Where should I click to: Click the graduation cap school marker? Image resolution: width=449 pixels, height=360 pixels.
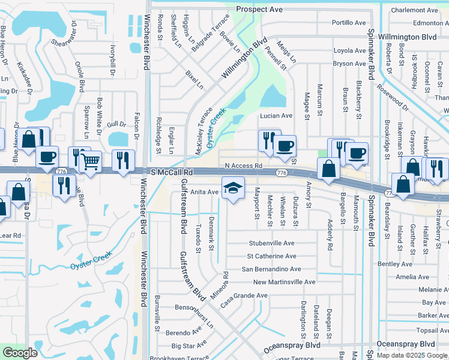click(233, 188)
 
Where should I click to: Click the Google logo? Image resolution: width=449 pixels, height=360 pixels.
click(20, 353)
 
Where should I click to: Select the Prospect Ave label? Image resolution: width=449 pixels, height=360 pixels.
click(259, 10)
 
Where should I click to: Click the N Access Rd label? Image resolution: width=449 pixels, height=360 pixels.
click(244, 166)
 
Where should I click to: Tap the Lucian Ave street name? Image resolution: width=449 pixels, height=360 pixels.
click(276, 116)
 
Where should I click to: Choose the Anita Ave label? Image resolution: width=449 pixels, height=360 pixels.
click(205, 192)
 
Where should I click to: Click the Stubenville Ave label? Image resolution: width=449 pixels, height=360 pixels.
click(272, 244)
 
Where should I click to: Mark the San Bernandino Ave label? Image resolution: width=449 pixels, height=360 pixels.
click(271, 269)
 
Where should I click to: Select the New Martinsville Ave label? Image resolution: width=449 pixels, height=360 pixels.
click(284, 282)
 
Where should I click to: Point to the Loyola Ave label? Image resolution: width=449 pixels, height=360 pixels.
click(349, 51)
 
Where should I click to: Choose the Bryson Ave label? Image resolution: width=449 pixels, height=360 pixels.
click(349, 64)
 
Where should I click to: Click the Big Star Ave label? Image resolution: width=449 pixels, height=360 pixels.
click(189, 346)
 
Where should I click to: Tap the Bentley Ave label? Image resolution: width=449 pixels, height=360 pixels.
click(395, 264)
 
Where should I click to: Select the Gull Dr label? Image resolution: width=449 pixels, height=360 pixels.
click(116, 124)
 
